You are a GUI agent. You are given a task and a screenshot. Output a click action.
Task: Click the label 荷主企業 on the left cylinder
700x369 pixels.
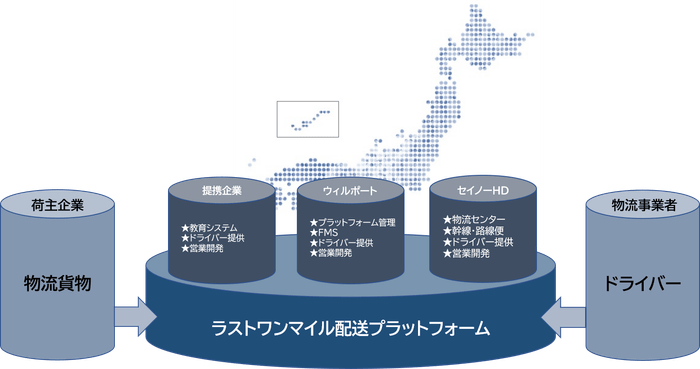click(x=56, y=205)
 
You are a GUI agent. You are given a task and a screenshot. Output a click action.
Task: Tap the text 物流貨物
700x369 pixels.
click(x=57, y=283)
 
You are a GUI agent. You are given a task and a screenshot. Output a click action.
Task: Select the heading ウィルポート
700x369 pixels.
click(x=350, y=189)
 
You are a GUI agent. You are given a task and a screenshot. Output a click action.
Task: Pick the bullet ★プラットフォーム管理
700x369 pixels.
click(x=354, y=221)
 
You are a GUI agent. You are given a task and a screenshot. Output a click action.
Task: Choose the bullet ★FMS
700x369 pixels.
click(x=324, y=232)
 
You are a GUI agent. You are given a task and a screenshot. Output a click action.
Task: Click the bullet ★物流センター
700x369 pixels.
click(x=473, y=219)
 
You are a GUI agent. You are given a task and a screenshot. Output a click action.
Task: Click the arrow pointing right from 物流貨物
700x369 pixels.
click(x=131, y=317)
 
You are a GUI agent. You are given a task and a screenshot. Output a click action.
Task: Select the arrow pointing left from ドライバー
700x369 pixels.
click(x=565, y=317)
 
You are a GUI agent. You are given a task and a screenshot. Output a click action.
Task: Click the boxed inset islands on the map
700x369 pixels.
click(x=308, y=119)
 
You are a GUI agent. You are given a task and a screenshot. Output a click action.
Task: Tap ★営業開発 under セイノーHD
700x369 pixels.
click(x=467, y=254)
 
